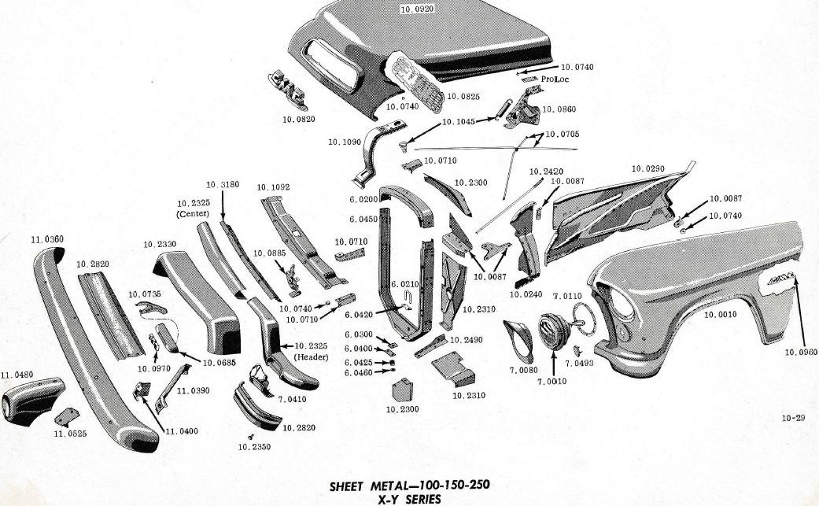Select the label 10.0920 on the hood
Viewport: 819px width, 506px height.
pyautogui.click(x=417, y=9)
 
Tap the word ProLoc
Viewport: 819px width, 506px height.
pyautogui.click(x=555, y=79)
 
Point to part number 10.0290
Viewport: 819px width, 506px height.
pyautogui.click(x=648, y=169)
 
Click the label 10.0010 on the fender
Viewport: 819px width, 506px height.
pyautogui.click(x=721, y=314)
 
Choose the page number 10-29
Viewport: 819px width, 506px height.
pyautogui.click(x=792, y=418)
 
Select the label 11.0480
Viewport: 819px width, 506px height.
pyautogui.click(x=17, y=375)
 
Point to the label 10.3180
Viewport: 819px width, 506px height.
pyautogui.click(x=222, y=184)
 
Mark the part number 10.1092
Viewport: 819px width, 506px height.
pyautogui.click(x=273, y=187)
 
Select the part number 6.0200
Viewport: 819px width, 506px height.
pyautogui.click(x=363, y=200)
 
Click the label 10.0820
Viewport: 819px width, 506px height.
pyautogui.click(x=298, y=120)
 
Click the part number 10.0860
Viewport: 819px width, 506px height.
pyautogui.click(x=559, y=109)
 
